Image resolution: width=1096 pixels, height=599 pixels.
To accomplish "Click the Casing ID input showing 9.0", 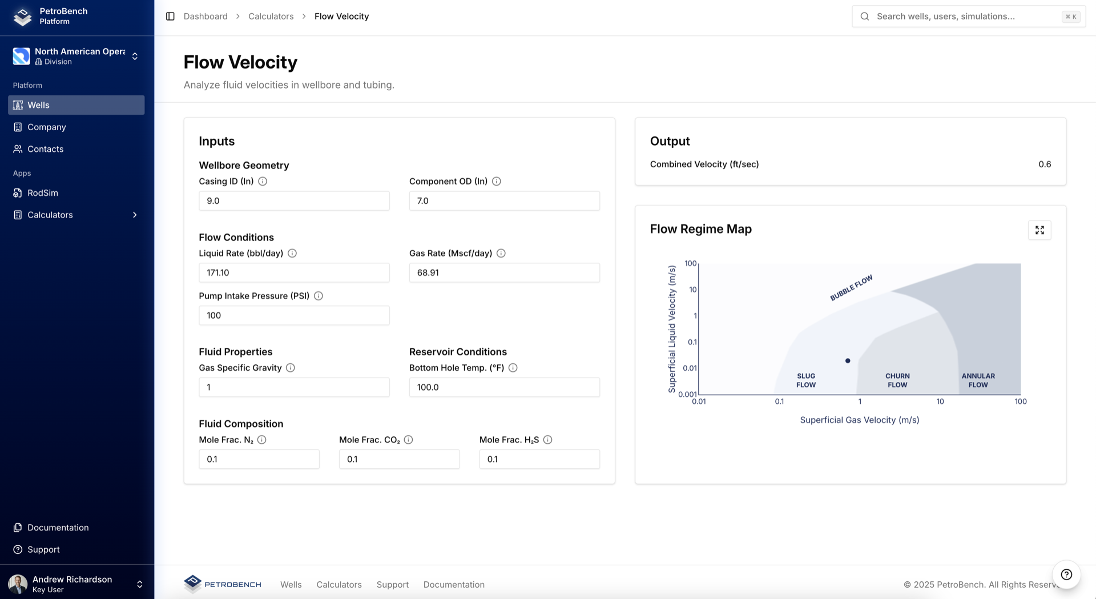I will pyautogui.click(x=294, y=201).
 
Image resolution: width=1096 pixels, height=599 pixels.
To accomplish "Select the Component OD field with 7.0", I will pyautogui.click(x=504, y=201).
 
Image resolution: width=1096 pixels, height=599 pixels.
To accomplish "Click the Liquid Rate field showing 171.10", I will pyautogui.click(x=294, y=273).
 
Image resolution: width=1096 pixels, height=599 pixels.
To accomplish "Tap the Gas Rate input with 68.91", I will pyautogui.click(x=504, y=273).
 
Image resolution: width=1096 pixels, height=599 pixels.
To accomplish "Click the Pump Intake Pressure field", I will pyautogui.click(x=294, y=316).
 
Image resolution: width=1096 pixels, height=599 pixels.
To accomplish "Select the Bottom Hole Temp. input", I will pyautogui.click(x=504, y=387).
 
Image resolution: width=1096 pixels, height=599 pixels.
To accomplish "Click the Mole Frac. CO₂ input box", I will pyautogui.click(x=399, y=459).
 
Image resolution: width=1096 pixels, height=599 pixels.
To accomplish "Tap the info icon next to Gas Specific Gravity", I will pyautogui.click(x=291, y=368).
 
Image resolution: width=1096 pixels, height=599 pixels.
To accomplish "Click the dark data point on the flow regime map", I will pyautogui.click(x=848, y=361).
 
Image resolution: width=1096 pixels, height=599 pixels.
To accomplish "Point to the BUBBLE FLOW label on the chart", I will pyautogui.click(x=851, y=288).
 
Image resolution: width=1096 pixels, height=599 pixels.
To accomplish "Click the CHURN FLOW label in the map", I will pyautogui.click(x=897, y=380).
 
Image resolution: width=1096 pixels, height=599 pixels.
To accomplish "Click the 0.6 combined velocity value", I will pyautogui.click(x=1044, y=164).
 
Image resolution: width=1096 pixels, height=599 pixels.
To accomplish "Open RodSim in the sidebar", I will pyautogui.click(x=43, y=193).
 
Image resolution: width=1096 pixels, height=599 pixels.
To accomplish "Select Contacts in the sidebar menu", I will pyautogui.click(x=45, y=149).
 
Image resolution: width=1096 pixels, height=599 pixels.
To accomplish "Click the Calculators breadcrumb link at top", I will pyautogui.click(x=271, y=17).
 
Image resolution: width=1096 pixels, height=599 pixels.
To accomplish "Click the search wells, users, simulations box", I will pyautogui.click(x=965, y=17).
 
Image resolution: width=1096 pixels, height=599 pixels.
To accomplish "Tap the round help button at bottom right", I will pyautogui.click(x=1066, y=574).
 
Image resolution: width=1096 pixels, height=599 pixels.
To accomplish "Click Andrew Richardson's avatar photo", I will pyautogui.click(x=18, y=584).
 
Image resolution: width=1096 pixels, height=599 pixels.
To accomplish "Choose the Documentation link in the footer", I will pyautogui.click(x=454, y=585).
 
